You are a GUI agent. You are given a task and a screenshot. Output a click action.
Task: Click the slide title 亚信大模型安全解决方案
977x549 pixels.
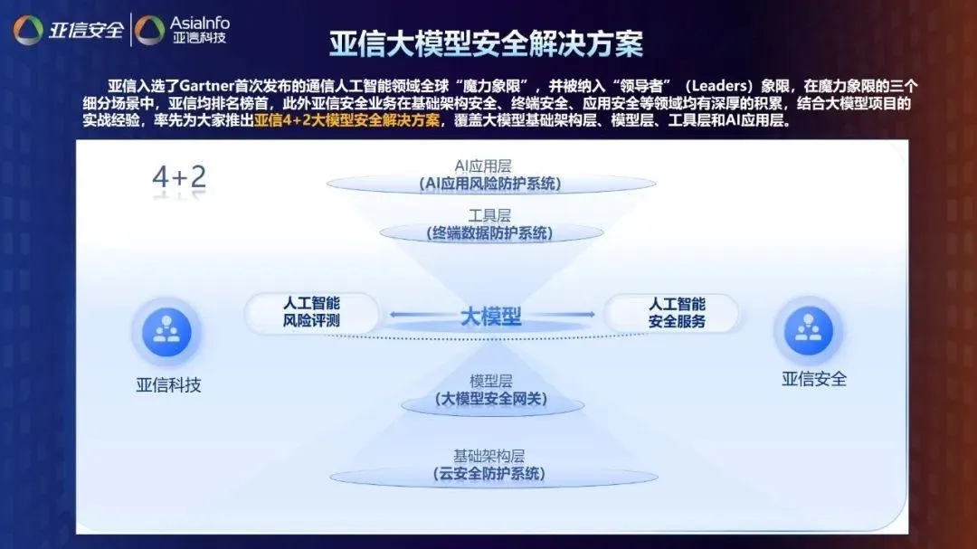tap(486, 43)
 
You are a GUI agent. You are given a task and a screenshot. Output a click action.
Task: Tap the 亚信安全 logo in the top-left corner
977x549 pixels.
tap(69, 29)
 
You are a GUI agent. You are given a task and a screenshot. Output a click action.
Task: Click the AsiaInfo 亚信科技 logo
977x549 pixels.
tap(183, 30)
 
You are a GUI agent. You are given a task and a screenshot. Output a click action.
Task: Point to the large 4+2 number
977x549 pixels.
tap(179, 177)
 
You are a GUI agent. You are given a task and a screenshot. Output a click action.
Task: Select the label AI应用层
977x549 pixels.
tap(483, 166)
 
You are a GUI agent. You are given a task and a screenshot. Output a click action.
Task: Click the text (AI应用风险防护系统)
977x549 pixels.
tap(490, 184)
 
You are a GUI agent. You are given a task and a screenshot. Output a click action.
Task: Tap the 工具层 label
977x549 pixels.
tap(489, 215)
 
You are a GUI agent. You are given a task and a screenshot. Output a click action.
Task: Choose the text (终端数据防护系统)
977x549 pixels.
tap(489, 233)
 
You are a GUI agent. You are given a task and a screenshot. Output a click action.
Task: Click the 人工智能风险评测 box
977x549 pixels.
tap(311, 312)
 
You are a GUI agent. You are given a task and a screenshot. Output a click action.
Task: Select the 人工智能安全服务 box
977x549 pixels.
tap(677, 313)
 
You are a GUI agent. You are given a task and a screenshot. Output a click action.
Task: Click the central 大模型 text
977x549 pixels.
tap(491, 317)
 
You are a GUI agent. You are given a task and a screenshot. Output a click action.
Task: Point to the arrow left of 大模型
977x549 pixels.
tap(422, 315)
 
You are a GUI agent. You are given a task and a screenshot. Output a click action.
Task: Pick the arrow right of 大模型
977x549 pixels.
tap(561, 315)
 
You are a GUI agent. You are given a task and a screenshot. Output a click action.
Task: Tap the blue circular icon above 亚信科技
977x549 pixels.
tap(166, 332)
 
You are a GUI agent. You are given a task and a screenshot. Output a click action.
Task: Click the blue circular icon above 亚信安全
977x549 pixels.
tap(808, 330)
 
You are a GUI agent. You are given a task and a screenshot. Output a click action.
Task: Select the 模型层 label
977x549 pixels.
tap(491, 381)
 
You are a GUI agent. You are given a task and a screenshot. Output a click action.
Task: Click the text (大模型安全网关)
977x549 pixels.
tap(491, 399)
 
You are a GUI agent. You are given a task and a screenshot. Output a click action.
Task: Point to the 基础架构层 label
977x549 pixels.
tap(488, 456)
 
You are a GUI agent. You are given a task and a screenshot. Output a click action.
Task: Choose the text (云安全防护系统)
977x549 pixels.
tap(489, 474)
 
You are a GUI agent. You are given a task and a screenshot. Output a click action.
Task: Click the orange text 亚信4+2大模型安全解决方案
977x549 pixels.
tap(347, 119)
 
